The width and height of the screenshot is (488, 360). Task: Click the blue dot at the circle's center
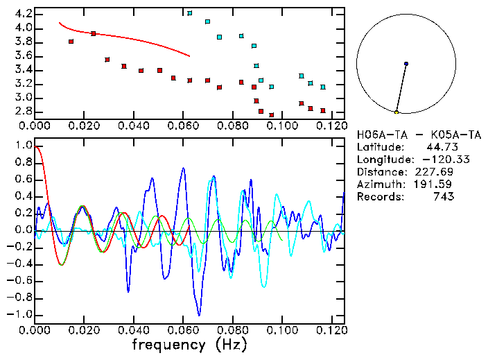[406, 64]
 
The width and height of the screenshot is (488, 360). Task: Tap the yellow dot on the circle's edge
[397, 112]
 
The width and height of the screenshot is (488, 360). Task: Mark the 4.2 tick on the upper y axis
[21, 14]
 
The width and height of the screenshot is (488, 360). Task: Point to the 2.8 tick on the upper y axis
[21, 111]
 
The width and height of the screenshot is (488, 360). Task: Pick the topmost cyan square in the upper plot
[190, 13]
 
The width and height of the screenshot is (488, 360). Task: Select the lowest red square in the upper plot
[272, 114]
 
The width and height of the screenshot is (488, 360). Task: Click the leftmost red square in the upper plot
[71, 42]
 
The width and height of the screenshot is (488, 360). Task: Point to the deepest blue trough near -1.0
[200, 314]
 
